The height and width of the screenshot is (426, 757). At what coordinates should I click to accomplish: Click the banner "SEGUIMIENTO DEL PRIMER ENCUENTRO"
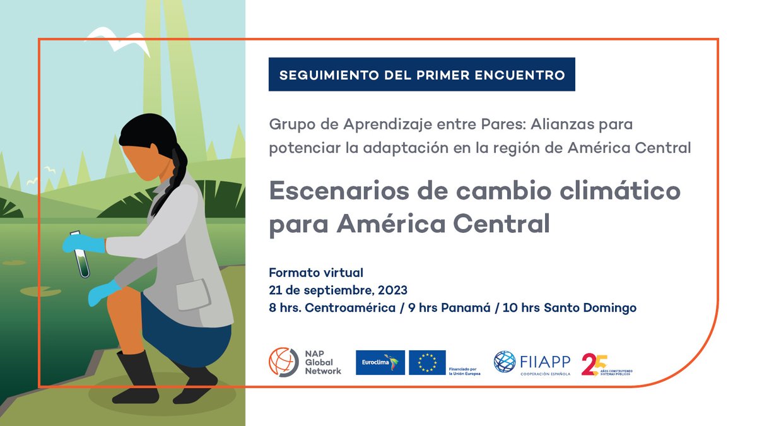(x=421, y=74)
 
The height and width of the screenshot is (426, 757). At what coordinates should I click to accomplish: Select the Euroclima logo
(x=380, y=362)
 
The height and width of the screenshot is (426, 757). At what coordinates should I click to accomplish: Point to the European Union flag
(x=427, y=362)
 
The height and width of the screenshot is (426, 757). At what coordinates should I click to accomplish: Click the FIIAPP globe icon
(x=504, y=362)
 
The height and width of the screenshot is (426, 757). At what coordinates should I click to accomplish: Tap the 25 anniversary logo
(x=594, y=364)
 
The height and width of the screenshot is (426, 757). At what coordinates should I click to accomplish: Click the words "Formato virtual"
(x=316, y=273)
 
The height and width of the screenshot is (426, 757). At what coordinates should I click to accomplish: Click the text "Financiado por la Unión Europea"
(x=464, y=371)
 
